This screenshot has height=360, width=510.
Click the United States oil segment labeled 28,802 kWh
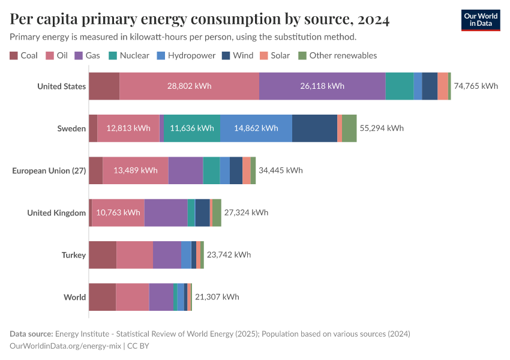click(189, 86)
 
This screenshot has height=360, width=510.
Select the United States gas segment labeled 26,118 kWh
click(322, 86)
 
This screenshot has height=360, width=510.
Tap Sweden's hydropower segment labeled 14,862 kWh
click(256, 128)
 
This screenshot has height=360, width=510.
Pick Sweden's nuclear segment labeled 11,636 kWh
click(192, 128)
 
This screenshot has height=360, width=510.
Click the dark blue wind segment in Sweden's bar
click(314, 128)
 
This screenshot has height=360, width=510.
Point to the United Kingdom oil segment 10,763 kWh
click(118, 212)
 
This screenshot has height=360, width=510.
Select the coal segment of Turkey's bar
click(103, 254)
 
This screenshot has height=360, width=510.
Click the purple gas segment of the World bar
click(161, 297)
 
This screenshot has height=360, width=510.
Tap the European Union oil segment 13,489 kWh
click(136, 170)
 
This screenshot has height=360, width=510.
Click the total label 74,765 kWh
click(476, 86)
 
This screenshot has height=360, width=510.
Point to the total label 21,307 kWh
click(217, 297)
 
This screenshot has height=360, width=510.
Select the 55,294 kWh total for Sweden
click(382, 128)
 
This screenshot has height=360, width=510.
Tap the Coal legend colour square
click(14, 55)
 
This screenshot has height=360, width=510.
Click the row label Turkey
click(74, 255)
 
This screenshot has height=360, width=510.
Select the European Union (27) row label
click(49, 170)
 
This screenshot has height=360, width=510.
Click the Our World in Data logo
click(481, 20)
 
